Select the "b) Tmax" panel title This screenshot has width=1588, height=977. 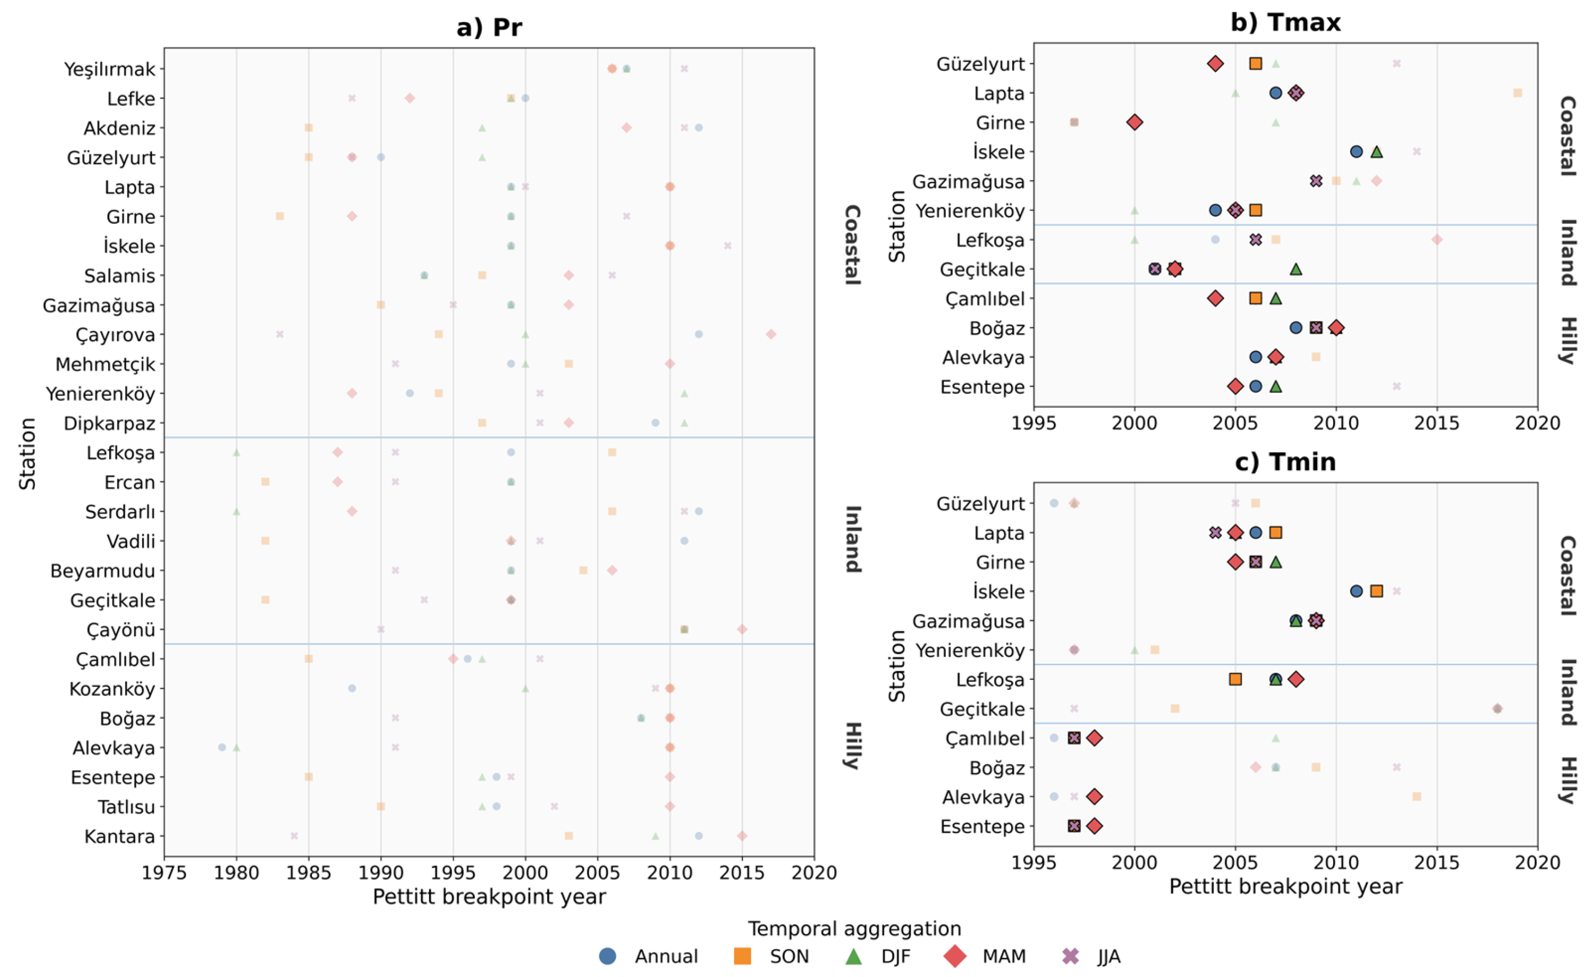tap(1285, 23)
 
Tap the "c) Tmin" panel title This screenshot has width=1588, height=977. tap(1285, 462)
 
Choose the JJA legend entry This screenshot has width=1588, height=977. tap(1091, 956)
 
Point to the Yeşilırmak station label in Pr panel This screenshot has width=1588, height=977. tap(110, 69)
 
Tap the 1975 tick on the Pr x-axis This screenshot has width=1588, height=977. tap(164, 873)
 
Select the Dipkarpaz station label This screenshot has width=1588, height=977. tap(109, 424)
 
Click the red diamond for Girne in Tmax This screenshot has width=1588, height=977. tap(1135, 122)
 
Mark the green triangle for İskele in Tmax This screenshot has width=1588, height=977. tap(1377, 151)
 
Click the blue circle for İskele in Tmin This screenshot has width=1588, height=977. tap(1356, 591)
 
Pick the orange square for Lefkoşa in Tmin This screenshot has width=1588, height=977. tap(1235, 679)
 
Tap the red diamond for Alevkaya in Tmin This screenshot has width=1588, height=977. tap(1095, 796)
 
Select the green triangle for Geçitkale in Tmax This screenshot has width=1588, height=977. tap(1296, 269)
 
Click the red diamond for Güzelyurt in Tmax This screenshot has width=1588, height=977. tap(1215, 63)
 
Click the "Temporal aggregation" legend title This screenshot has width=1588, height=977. tap(855, 928)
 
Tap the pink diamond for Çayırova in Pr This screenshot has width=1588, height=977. tap(771, 334)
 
